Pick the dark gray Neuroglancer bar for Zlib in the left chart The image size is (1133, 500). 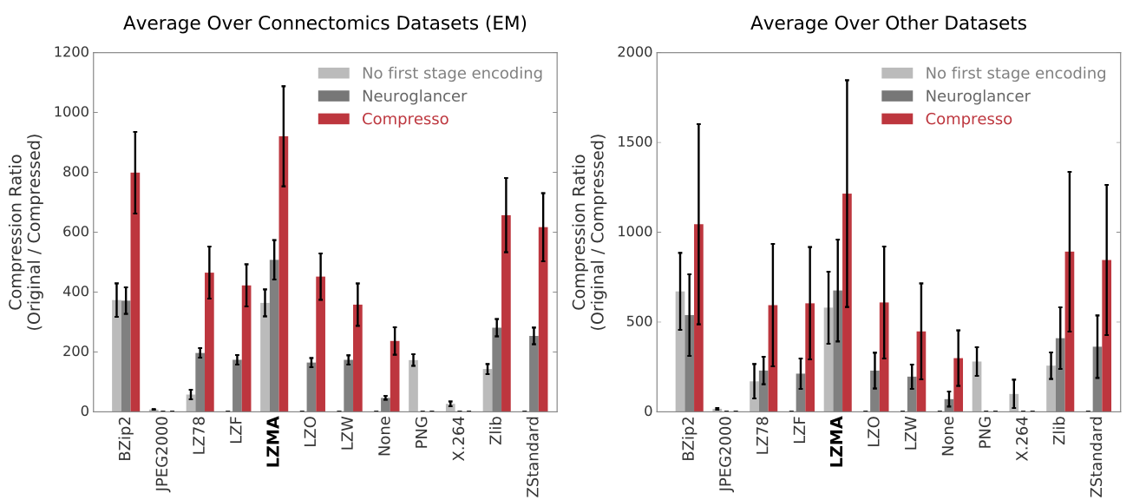point(496,369)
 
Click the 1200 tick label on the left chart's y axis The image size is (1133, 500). point(72,53)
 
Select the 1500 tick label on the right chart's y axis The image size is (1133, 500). point(636,142)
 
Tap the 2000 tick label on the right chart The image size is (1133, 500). point(636,53)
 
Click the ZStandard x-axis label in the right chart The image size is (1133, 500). point(1097,457)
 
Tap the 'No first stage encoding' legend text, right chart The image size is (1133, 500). point(1016,74)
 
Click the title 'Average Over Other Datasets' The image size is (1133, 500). point(888,23)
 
